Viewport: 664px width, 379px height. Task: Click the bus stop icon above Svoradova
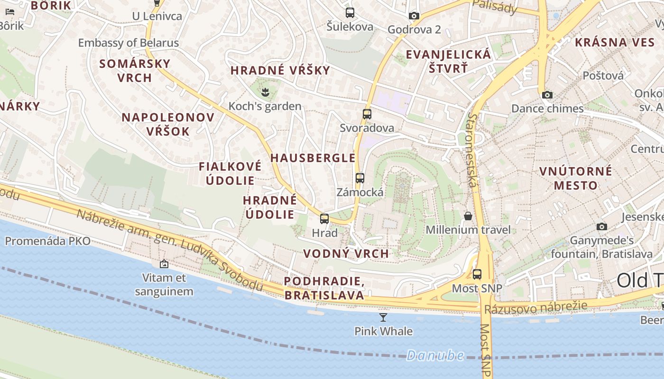(x=367, y=114)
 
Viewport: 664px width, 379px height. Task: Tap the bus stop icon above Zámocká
(x=360, y=178)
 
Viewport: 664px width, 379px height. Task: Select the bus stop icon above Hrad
(x=324, y=218)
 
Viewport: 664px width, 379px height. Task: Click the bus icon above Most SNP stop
(x=477, y=274)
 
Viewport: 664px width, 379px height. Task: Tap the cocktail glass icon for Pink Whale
(x=383, y=317)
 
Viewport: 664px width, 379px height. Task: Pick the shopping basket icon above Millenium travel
(x=468, y=216)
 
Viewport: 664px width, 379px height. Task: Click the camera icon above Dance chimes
(x=547, y=95)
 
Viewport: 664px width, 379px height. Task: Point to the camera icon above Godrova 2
(x=414, y=16)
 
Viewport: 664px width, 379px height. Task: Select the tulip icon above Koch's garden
(x=265, y=92)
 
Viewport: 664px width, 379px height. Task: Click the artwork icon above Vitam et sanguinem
(x=164, y=263)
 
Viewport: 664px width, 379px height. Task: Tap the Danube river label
(x=435, y=355)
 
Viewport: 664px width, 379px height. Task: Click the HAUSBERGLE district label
(x=313, y=158)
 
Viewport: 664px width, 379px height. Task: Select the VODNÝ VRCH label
(x=346, y=253)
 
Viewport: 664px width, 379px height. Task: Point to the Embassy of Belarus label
(x=129, y=43)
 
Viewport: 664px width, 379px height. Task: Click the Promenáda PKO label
(x=47, y=241)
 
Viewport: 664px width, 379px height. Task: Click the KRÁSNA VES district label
(x=615, y=42)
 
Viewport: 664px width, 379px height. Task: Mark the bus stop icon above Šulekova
(x=350, y=13)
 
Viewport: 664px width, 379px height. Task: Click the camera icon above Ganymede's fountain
(x=602, y=226)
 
